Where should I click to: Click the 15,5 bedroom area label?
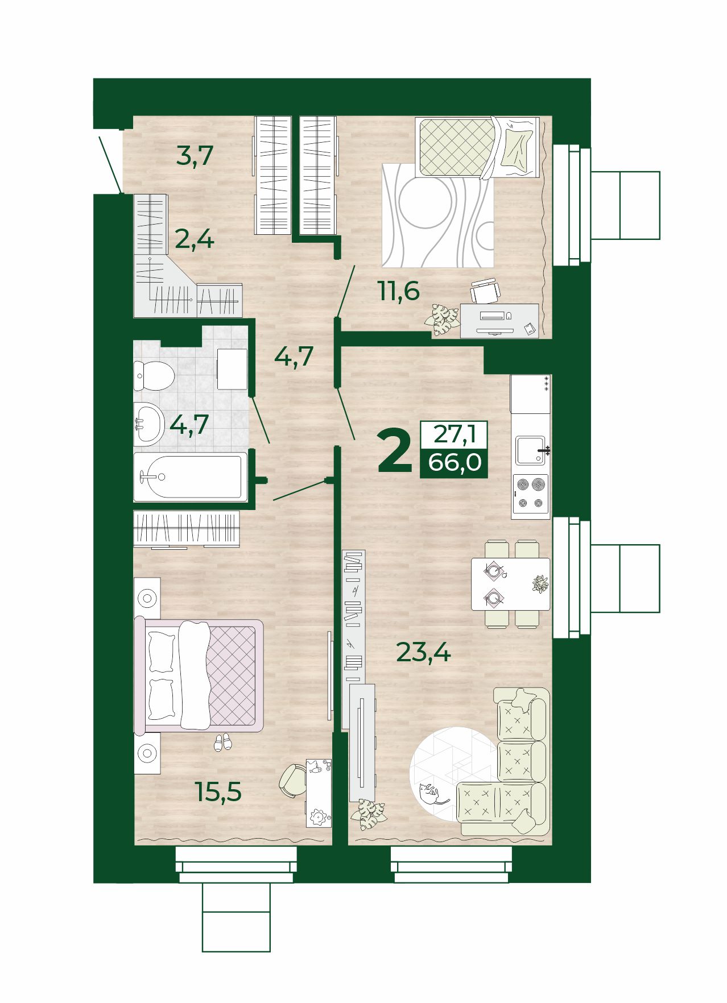click(x=218, y=791)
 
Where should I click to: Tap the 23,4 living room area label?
click(x=423, y=652)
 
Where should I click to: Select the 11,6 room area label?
click(x=398, y=291)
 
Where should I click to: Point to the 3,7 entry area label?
click(x=195, y=155)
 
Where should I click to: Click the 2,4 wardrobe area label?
click(x=195, y=239)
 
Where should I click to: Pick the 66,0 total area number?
click(x=455, y=462)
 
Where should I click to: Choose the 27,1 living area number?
click(x=454, y=434)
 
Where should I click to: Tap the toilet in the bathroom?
click(x=154, y=375)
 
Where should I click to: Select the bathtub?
click(x=191, y=477)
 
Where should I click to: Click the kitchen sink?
click(x=531, y=450)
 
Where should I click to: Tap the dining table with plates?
click(x=510, y=584)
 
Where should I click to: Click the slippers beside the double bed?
click(x=222, y=742)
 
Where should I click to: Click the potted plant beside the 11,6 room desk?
click(x=441, y=320)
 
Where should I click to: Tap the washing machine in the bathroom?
click(x=232, y=369)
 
